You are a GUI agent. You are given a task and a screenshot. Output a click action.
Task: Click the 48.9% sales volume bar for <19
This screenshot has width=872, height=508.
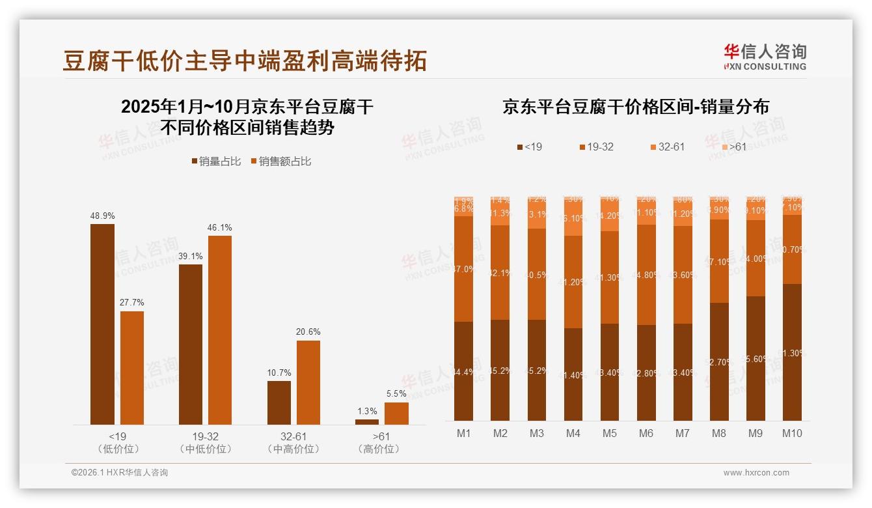point(102,324)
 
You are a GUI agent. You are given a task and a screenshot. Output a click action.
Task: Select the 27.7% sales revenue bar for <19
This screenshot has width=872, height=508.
point(132,368)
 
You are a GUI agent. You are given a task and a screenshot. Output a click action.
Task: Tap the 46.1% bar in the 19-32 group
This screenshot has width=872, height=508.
point(220,330)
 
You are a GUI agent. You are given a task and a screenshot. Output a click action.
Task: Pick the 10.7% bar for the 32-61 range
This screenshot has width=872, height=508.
point(279,402)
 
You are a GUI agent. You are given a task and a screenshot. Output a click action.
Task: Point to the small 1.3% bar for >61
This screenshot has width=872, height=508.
point(367,422)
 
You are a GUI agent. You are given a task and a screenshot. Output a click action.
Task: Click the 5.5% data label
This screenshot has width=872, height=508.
point(396,394)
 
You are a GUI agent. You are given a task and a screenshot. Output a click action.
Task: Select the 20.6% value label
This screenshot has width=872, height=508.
point(308,332)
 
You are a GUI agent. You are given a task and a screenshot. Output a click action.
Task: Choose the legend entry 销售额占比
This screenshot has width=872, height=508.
point(280,162)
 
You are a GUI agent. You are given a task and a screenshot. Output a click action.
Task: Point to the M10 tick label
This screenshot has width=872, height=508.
point(792,433)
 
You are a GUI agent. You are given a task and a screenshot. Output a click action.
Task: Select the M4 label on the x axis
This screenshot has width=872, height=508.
point(573,433)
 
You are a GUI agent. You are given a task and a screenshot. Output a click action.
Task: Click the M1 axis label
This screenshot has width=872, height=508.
point(463,433)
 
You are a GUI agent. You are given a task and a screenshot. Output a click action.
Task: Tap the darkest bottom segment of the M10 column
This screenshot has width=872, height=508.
point(792,352)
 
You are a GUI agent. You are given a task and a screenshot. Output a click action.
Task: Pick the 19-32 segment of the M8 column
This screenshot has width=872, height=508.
point(719,261)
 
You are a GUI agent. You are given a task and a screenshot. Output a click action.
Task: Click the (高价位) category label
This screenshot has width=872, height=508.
point(379,449)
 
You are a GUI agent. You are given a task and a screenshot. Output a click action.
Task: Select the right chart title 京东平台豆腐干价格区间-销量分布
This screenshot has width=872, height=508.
point(635,107)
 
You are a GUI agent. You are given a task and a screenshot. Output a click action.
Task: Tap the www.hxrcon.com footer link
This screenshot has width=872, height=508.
point(756,473)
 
